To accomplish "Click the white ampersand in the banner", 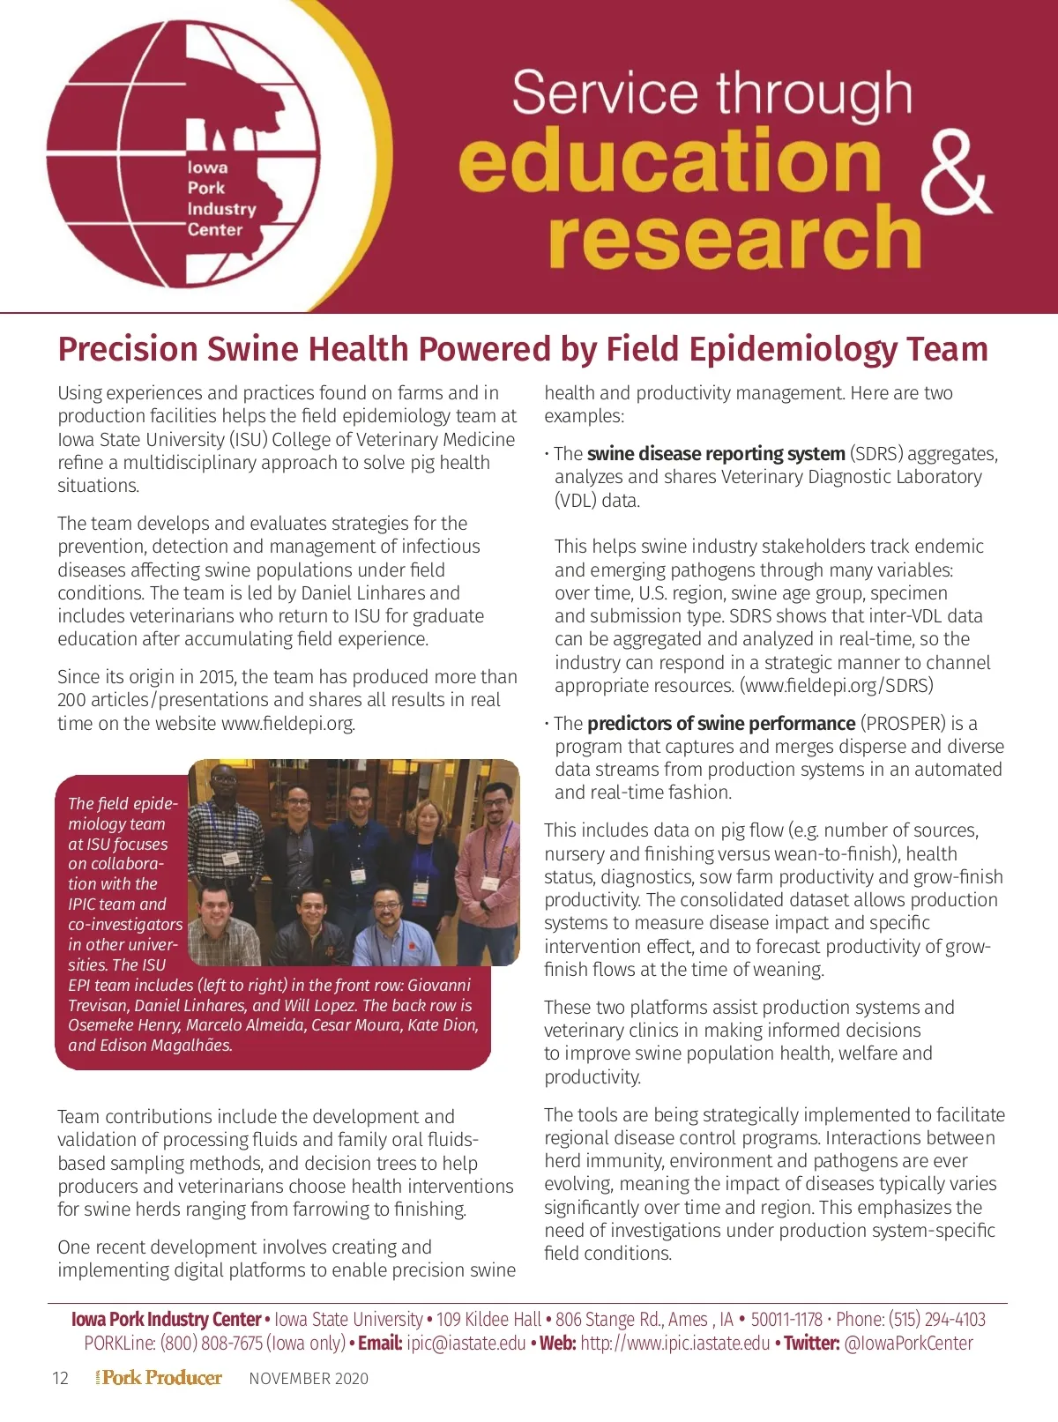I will tap(957, 175).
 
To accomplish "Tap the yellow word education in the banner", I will tap(670, 160).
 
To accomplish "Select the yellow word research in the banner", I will tap(734, 236).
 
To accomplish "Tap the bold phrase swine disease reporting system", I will tap(716, 454).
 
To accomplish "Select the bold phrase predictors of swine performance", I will tap(721, 724).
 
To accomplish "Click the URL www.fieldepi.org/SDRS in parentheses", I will tap(836, 686).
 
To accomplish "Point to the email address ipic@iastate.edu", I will tap(466, 1344).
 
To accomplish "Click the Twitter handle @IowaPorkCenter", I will tap(908, 1344).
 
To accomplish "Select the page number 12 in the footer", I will tap(60, 1379).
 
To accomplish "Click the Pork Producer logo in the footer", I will tap(160, 1378).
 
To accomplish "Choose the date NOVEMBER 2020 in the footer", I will tap(309, 1379).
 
